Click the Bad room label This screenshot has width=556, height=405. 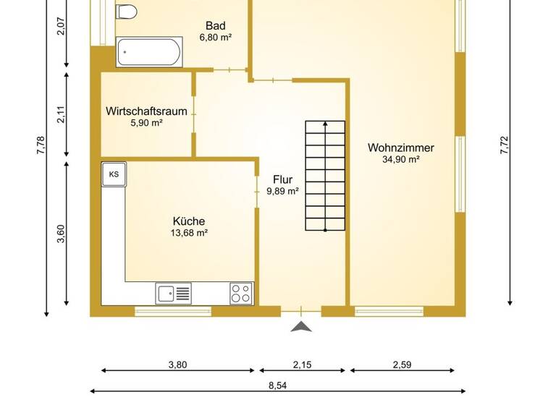(215, 24)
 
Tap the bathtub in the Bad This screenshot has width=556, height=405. (149, 51)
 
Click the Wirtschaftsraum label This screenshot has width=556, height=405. (146, 111)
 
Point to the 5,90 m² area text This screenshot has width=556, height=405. (146, 124)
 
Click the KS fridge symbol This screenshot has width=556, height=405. (114, 174)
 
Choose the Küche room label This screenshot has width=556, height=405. (188, 221)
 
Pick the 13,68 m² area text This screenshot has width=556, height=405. (188, 234)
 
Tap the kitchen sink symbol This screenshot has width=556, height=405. (174, 293)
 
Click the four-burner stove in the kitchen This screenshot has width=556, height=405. (241, 293)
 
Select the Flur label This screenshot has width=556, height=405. (283, 179)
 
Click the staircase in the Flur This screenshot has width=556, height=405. (325, 175)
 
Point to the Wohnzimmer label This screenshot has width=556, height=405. (400, 148)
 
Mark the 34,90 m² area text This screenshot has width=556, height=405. (400, 160)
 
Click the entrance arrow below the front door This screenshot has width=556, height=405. (301, 328)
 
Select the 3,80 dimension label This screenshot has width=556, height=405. (177, 364)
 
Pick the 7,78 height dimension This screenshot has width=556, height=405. (41, 145)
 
